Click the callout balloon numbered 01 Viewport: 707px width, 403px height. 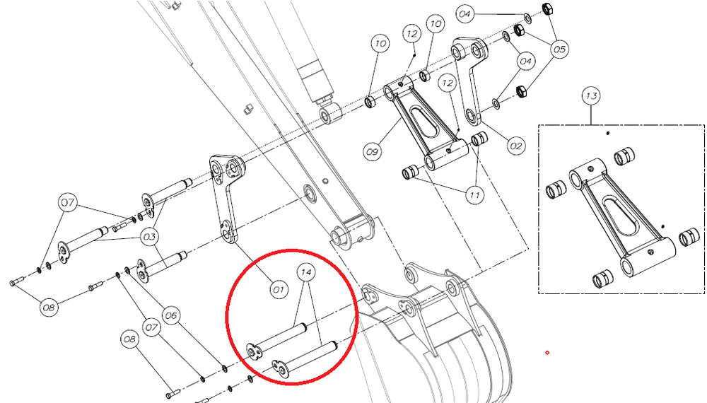pos(279,288)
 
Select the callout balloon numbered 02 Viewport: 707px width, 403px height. pos(516,146)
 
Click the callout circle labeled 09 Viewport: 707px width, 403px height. pos(372,150)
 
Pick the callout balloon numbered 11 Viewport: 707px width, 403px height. pos(474,193)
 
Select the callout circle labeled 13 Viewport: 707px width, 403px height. pos(591,95)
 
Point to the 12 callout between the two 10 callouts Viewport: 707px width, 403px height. pos(413,33)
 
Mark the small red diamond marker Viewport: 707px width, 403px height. pos(547,351)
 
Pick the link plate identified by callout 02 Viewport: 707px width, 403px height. pos(470,81)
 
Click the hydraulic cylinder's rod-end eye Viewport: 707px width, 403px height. pos(329,112)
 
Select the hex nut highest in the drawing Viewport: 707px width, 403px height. pos(547,8)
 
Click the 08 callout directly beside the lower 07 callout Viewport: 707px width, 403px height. pos(129,339)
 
